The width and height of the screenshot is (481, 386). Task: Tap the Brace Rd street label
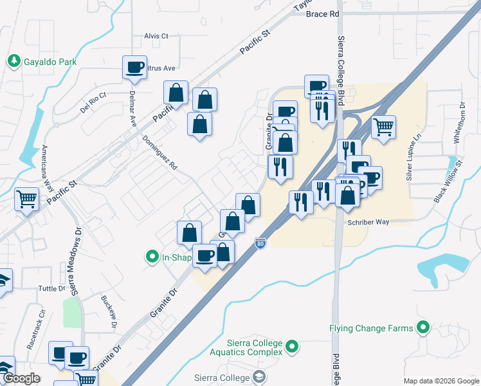[322, 14]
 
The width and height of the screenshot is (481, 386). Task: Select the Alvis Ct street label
[156, 36]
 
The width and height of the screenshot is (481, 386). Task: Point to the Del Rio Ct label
[93, 103]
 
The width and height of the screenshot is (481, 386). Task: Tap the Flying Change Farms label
[371, 328]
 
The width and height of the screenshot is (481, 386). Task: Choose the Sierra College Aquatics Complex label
[246, 347]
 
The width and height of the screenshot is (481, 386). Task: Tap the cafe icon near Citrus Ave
[134, 68]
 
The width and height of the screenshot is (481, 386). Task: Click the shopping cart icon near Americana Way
[27, 199]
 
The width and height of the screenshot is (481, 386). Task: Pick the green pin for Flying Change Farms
[423, 328]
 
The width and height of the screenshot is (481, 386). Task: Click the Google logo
[23, 378]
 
